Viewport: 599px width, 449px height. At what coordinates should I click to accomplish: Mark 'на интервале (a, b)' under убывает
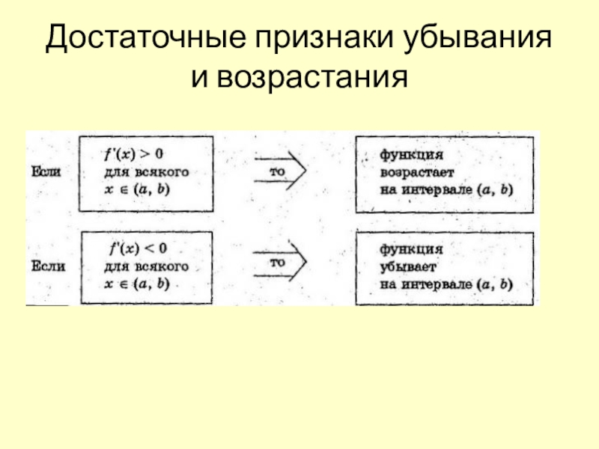click(446, 284)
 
